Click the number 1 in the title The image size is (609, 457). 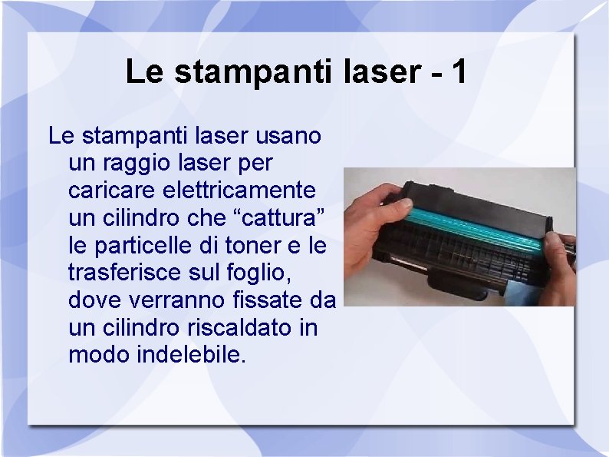coord(459,72)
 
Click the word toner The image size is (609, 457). coord(250,246)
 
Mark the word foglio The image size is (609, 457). coord(262,273)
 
